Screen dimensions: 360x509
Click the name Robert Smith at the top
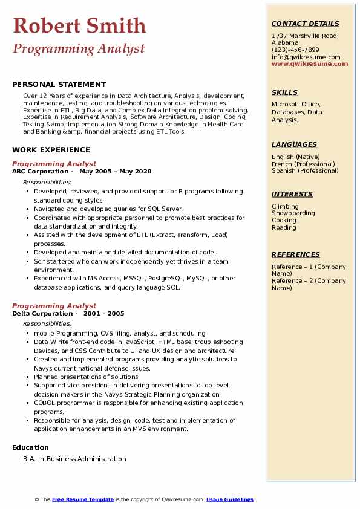point(79,25)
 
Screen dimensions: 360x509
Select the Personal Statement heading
point(59,85)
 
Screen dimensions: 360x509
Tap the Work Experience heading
point(51,150)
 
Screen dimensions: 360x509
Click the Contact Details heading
point(305,24)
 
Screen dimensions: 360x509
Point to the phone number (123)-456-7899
point(295,50)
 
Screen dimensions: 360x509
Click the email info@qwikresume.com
point(306,57)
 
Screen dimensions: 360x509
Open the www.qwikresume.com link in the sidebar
point(310,64)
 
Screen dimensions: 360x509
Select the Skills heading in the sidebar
point(284,93)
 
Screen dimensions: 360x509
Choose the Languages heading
point(294,145)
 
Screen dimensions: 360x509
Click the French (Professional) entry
point(303,164)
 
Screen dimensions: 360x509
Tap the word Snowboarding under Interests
point(293,213)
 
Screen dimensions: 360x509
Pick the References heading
point(295,255)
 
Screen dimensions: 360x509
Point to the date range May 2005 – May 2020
point(115,172)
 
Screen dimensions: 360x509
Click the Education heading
point(30,448)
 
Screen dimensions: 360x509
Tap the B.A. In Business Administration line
point(74,459)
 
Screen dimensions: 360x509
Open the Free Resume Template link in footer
point(83,500)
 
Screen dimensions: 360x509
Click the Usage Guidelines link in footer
point(230,500)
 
